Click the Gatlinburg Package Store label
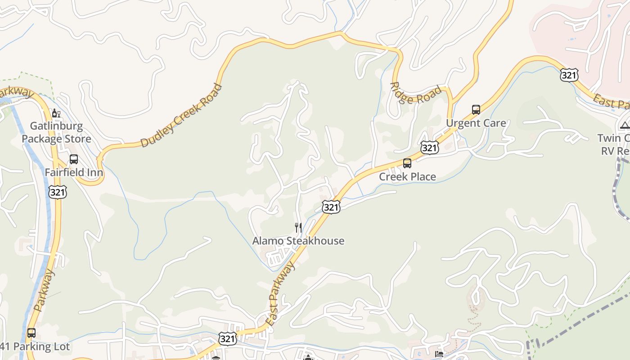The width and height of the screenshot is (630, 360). click(x=56, y=132)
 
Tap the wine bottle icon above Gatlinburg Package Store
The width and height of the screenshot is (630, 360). click(x=56, y=113)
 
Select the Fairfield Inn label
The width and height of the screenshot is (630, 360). click(x=74, y=172)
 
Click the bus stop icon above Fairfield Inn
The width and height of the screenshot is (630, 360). click(x=73, y=159)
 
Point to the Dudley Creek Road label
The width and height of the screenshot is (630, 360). click(x=181, y=116)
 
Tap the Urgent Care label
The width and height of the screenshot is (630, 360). click(x=476, y=123)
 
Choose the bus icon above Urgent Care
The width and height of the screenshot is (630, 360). click(x=476, y=109)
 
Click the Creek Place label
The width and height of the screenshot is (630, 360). click(x=407, y=177)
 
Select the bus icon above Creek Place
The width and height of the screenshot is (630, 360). click(x=407, y=163)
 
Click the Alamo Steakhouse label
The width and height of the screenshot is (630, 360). click(x=298, y=241)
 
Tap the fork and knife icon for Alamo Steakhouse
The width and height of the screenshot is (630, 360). click(x=298, y=228)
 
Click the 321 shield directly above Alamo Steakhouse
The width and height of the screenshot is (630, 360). click(x=331, y=207)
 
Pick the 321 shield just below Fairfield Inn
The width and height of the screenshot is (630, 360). click(x=58, y=192)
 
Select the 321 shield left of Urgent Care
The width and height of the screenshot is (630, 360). click(x=430, y=148)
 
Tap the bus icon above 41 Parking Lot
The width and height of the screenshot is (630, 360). click(x=31, y=333)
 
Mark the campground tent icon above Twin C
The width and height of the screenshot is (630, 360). click(x=625, y=125)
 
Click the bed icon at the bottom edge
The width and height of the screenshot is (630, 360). click(x=439, y=355)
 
